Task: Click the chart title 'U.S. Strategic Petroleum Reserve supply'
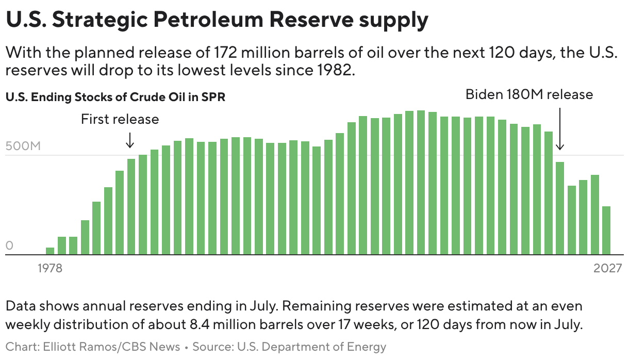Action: [x=217, y=20]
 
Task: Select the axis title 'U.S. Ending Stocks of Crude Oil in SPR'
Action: [x=115, y=97]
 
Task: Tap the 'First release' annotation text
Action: [x=120, y=119]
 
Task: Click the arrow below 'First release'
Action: [x=130, y=139]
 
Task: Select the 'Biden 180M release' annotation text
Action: [x=529, y=94]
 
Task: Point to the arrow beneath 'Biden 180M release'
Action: [x=560, y=129]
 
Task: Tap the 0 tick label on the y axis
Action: [x=9, y=246]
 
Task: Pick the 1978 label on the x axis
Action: [x=49, y=268]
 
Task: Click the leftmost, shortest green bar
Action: [x=50, y=251]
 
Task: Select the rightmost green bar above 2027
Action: [x=606, y=230]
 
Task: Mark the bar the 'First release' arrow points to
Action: [x=131, y=206]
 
